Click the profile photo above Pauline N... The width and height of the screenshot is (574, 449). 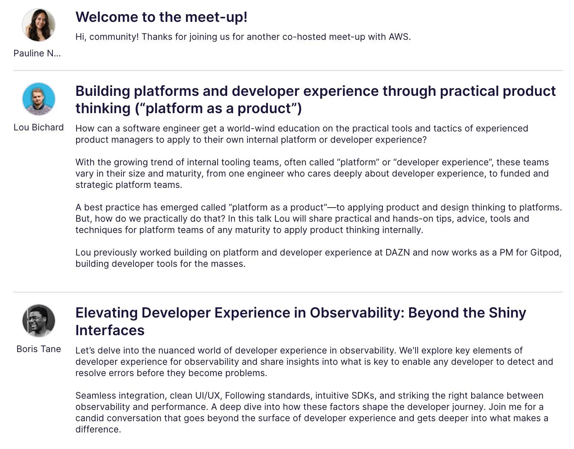click(39, 25)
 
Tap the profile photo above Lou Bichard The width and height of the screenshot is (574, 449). click(39, 99)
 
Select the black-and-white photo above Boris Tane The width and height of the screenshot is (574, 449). click(39, 321)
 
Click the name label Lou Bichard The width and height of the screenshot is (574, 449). click(39, 127)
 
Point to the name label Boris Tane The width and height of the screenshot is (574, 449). click(39, 349)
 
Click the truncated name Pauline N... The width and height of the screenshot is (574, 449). click(37, 53)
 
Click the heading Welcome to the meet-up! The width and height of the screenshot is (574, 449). click(161, 17)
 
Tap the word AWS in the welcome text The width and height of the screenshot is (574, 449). click(400, 37)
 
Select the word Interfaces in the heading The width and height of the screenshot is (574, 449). click(110, 330)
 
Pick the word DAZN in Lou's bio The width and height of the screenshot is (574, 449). click(398, 252)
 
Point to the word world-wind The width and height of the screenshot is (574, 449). click(251, 128)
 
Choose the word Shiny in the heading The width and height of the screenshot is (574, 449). click(507, 313)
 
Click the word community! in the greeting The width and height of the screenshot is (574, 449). click(114, 37)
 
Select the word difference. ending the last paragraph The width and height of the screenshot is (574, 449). click(98, 430)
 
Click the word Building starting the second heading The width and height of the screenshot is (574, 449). click(103, 91)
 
